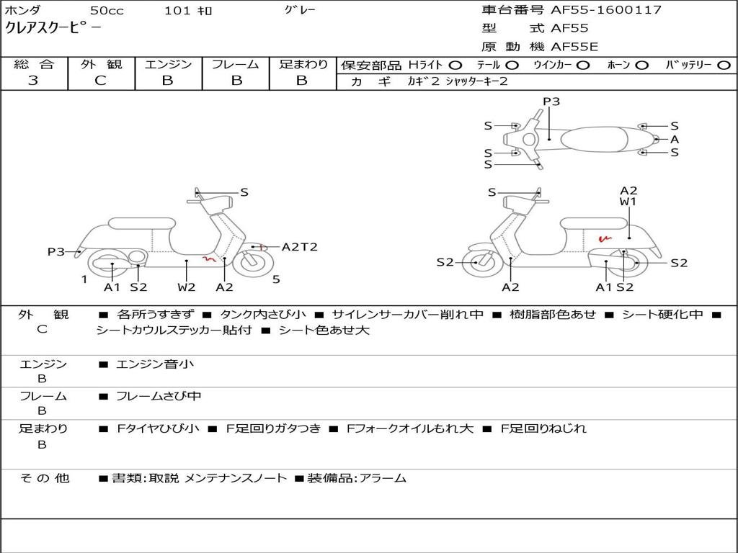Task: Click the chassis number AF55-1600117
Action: pyautogui.click(x=605, y=9)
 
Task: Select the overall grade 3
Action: pyautogui.click(x=32, y=81)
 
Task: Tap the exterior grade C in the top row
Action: pyautogui.click(x=100, y=81)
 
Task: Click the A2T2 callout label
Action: pyautogui.click(x=299, y=247)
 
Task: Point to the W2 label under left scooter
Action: pyautogui.click(x=187, y=287)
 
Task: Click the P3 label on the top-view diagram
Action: pyautogui.click(x=551, y=102)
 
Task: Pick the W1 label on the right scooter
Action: pyautogui.click(x=628, y=202)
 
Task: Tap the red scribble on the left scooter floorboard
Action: pyautogui.click(x=208, y=258)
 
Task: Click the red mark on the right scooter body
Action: pyautogui.click(x=605, y=238)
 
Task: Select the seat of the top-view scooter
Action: pyautogui.click(x=594, y=140)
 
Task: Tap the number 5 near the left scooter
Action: pyautogui.click(x=276, y=279)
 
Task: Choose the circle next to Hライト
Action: pyautogui.click(x=455, y=66)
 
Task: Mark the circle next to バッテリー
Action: pyautogui.click(x=724, y=66)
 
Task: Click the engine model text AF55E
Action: pyautogui.click(x=574, y=47)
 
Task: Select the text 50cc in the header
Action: pyautogui.click(x=107, y=10)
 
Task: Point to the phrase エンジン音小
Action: pyautogui.click(x=154, y=364)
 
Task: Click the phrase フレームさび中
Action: pyautogui.click(x=159, y=397)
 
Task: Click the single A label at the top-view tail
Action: pyautogui.click(x=675, y=139)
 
